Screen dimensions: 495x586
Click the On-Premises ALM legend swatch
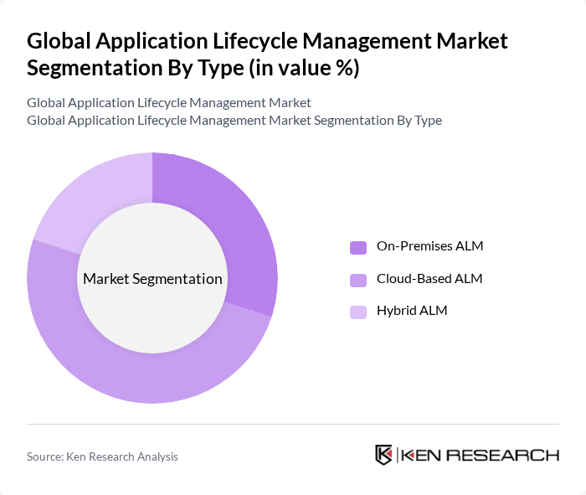point(358,247)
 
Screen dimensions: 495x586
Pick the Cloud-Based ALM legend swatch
point(358,279)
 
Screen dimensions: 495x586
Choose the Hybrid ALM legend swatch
point(358,312)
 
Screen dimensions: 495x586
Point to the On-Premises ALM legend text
point(429,246)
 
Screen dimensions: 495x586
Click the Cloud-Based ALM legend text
point(429,278)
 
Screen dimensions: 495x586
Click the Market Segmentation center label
point(152,278)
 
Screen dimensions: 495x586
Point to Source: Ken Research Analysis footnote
point(102,456)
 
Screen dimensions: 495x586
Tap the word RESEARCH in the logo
point(506,456)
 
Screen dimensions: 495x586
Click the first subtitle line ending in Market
point(168,102)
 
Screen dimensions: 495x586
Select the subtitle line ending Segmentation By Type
point(234,120)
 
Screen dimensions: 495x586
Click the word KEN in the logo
point(424,456)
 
